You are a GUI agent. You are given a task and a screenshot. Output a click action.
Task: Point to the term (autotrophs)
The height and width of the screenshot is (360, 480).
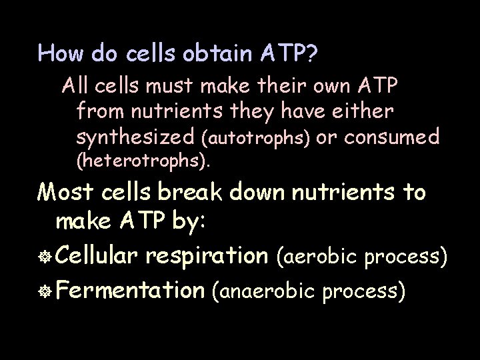point(255,139)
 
